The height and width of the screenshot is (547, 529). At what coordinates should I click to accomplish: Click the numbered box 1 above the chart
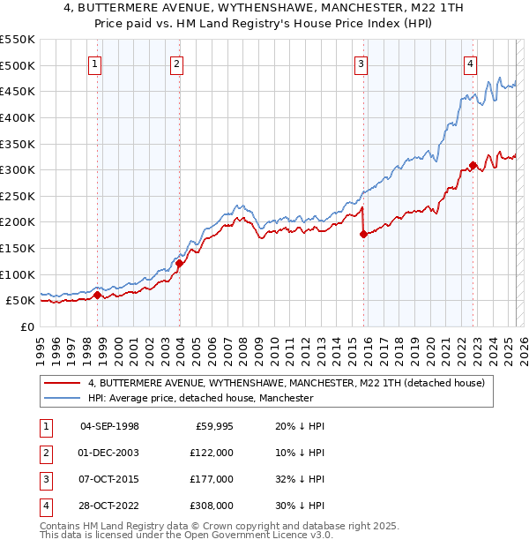(94, 63)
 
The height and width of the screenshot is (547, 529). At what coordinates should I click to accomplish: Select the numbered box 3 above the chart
(361, 63)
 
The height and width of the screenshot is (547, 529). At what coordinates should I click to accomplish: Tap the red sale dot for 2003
(179, 262)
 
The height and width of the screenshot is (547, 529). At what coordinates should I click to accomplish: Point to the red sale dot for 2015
(363, 234)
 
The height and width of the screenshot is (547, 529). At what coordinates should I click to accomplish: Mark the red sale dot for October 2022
(473, 165)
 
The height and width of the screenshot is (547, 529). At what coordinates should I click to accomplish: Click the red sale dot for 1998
(97, 295)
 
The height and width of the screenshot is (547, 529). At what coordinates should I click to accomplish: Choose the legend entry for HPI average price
(201, 398)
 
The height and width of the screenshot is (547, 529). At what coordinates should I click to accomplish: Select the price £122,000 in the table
(212, 452)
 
